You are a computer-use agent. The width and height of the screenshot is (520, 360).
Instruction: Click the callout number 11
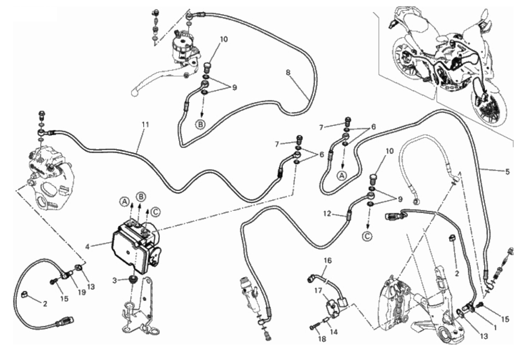point(145,125)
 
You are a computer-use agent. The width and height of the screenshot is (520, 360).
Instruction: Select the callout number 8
point(288,72)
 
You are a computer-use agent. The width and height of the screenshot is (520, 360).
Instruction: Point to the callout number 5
point(507,172)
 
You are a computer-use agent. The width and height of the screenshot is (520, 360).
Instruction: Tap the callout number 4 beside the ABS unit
point(87,247)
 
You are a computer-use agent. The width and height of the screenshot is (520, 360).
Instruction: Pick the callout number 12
point(327,213)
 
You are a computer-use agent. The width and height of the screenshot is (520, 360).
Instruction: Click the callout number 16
point(328,260)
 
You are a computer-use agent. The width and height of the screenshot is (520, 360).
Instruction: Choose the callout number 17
point(319,290)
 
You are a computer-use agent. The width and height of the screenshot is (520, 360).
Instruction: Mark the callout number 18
point(322,339)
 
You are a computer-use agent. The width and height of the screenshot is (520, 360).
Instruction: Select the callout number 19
point(82,292)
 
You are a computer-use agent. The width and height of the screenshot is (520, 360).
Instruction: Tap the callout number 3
point(114,281)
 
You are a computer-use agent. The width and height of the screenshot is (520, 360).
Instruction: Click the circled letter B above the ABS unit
point(141,197)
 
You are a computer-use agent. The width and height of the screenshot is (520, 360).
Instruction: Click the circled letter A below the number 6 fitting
point(341,176)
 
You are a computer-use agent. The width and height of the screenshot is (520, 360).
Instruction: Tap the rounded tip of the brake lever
point(134,93)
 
